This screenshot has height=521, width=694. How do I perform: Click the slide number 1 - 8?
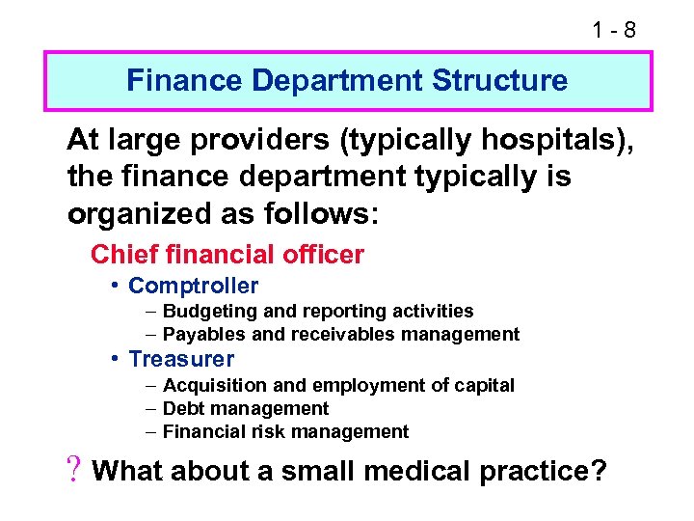coord(614,30)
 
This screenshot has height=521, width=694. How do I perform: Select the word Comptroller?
coord(193,286)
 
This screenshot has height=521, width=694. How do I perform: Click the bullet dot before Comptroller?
coord(115,286)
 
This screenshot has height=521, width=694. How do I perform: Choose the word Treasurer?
coord(181,359)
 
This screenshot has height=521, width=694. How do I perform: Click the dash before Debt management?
coord(152,409)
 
